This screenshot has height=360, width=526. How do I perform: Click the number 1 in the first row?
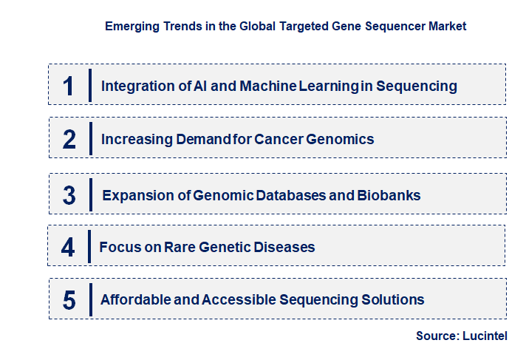[x=69, y=86]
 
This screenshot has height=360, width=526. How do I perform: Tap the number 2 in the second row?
[x=69, y=139]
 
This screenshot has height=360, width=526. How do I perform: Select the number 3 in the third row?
[x=69, y=196]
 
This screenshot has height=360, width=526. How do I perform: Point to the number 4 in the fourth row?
[x=68, y=247]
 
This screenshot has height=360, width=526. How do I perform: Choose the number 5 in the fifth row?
[x=69, y=300]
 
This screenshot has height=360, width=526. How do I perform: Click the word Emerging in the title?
[x=131, y=26]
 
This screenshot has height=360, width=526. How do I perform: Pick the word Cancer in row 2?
[x=279, y=139]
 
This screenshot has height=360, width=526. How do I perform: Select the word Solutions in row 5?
[x=395, y=300]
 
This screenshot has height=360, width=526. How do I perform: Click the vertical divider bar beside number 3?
[x=90, y=195]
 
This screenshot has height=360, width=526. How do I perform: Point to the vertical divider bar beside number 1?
[x=90, y=85]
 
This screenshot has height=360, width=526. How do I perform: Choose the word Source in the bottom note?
[x=436, y=336]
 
